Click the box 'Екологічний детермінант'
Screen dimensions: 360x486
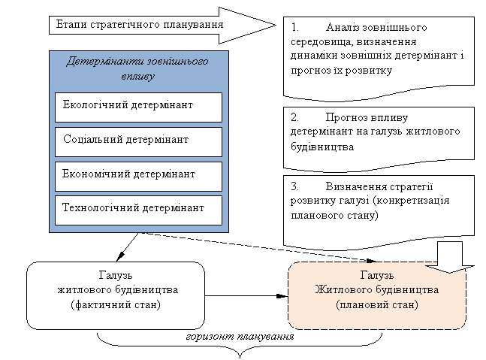[139, 106]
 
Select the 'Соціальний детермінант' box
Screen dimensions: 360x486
[139, 141]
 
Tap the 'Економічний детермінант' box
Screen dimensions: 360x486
[139, 174]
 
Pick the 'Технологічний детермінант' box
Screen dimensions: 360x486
[139, 208]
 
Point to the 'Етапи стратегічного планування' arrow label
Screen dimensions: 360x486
[139, 24]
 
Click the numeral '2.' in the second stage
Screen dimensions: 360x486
[294, 118]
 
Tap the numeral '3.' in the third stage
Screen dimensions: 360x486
[294, 186]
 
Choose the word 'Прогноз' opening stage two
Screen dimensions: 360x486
[349, 118]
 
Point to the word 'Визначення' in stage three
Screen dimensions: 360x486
[357, 186]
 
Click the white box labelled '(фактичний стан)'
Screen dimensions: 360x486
[116, 295]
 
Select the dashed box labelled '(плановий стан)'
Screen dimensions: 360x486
[377, 295]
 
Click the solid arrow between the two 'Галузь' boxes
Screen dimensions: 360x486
[246, 295]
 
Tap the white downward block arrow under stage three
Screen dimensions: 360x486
[452, 257]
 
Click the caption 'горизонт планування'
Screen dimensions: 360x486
[239, 336]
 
